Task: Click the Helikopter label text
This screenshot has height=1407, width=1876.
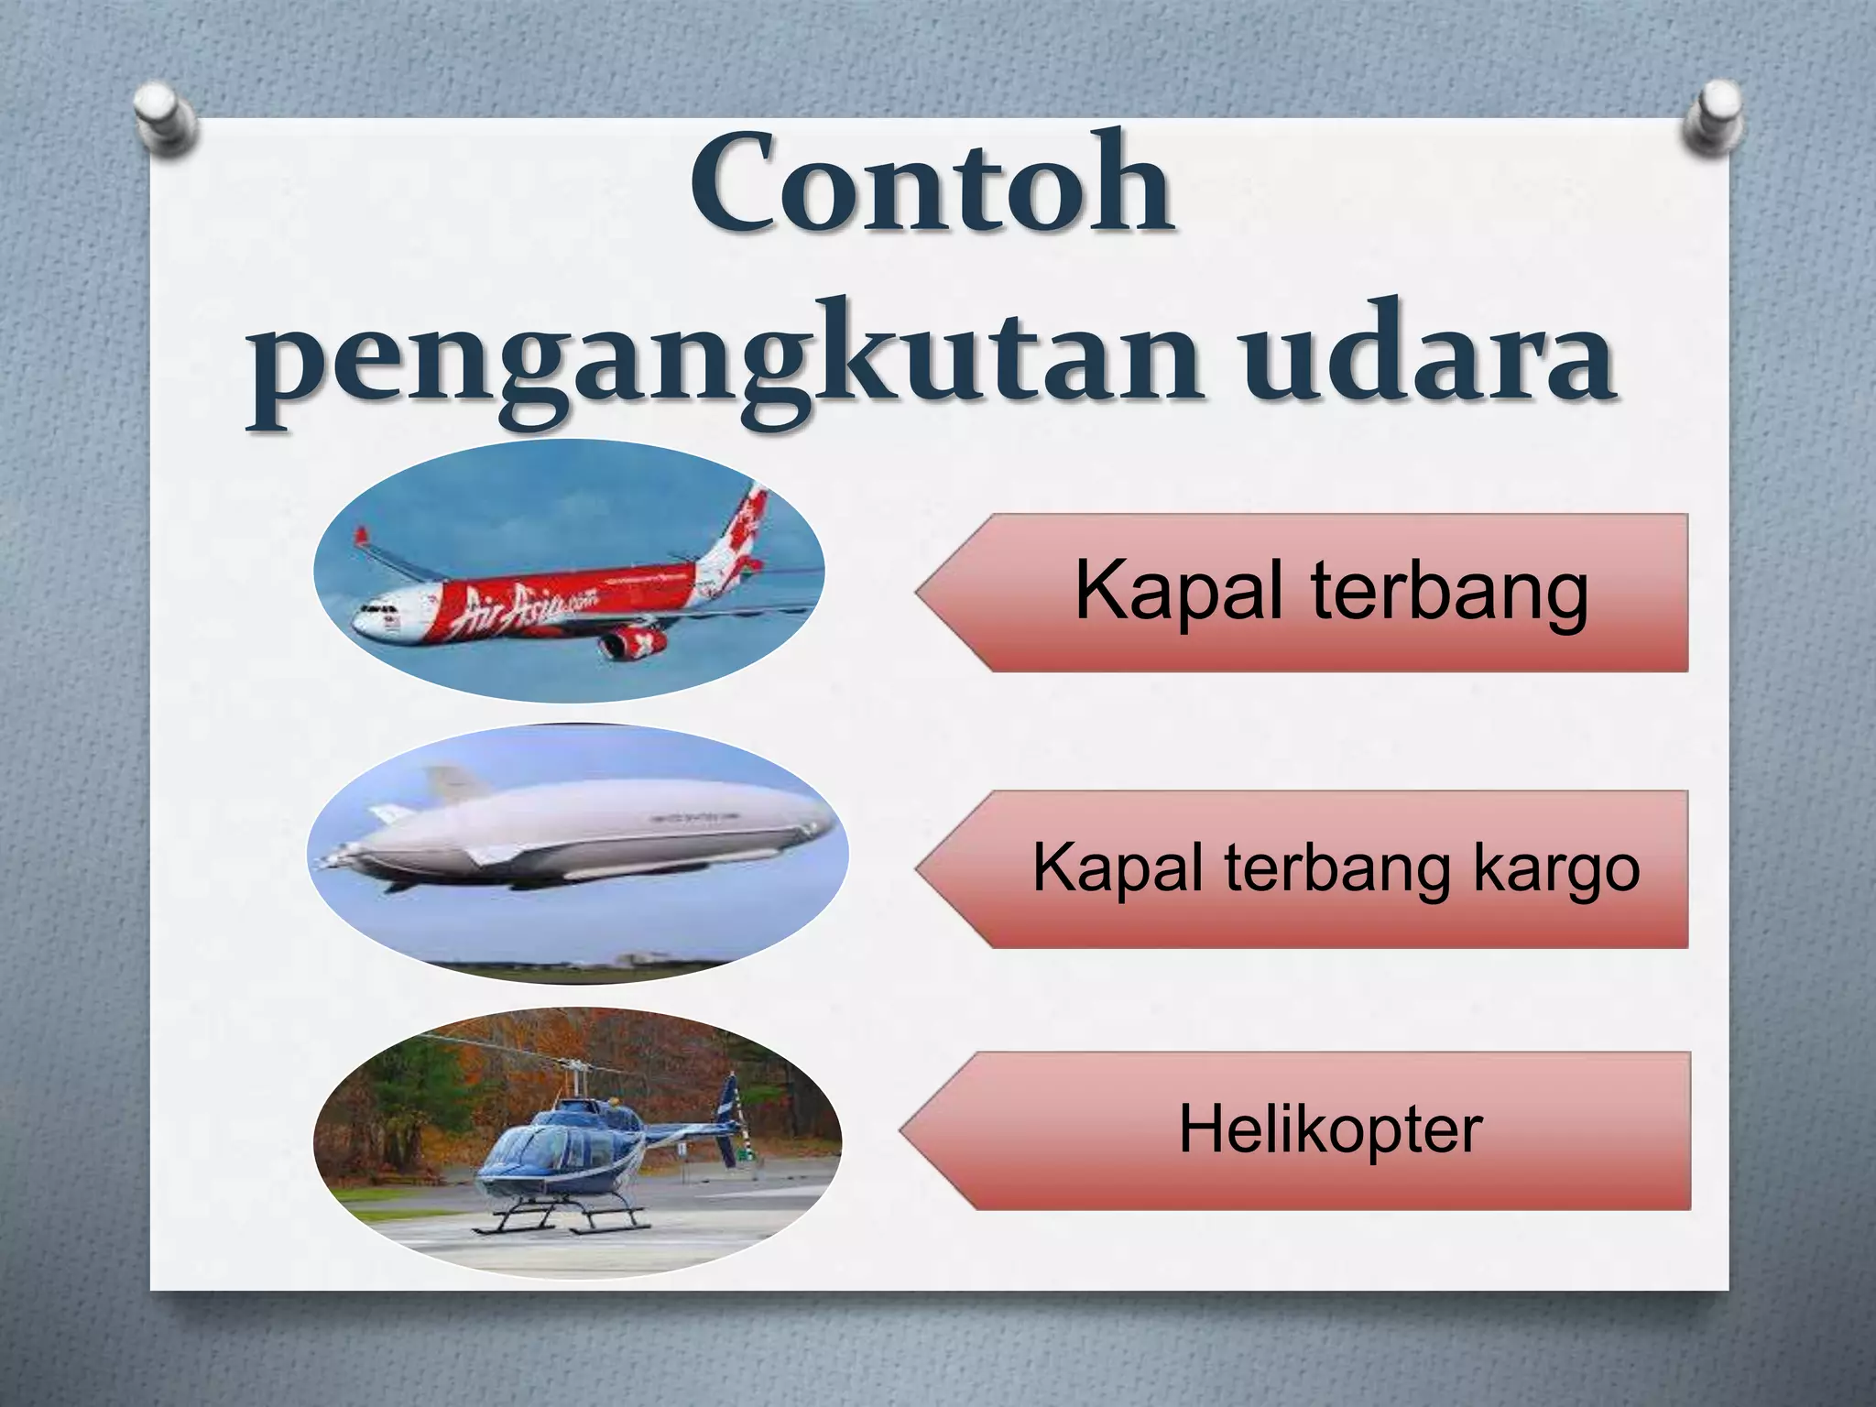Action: (x=1330, y=1130)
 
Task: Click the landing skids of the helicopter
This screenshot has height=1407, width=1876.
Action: (x=559, y=1224)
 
